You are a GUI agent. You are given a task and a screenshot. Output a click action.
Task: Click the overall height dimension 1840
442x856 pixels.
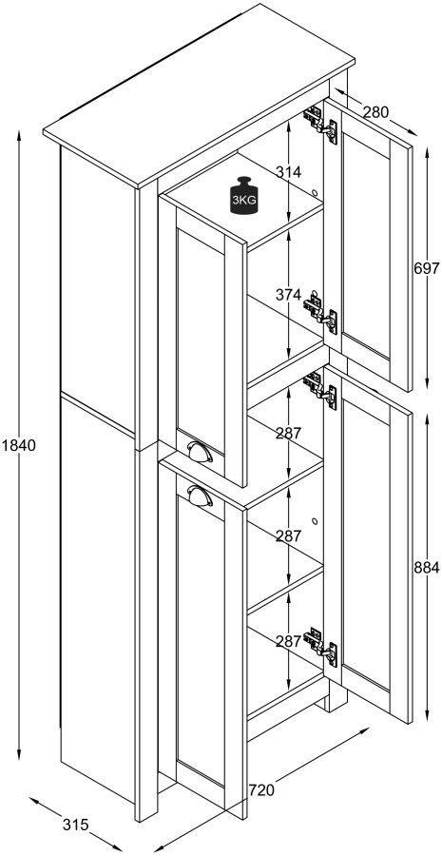pyautogui.click(x=19, y=445)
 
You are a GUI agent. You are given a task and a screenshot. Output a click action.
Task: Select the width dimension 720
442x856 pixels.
pyautogui.click(x=263, y=789)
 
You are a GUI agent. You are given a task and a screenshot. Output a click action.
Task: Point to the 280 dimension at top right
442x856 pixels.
pyautogui.click(x=375, y=112)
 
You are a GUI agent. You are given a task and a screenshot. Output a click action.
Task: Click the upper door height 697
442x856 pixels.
pyautogui.click(x=426, y=268)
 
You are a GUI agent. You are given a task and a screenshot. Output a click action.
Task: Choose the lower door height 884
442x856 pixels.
pyautogui.click(x=426, y=568)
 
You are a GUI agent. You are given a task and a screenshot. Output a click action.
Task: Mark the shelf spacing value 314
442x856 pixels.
pyautogui.click(x=288, y=172)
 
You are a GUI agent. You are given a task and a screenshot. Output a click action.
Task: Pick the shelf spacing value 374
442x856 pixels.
pyautogui.click(x=288, y=295)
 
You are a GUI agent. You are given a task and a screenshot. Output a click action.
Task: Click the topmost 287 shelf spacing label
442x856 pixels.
pyautogui.click(x=288, y=433)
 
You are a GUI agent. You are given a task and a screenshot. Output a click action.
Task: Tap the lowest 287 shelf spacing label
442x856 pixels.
pyautogui.click(x=288, y=641)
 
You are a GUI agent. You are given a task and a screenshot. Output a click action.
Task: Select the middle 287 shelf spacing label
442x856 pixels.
pyautogui.click(x=288, y=536)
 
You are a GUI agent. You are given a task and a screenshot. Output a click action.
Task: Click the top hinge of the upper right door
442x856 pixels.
pyautogui.click(x=320, y=122)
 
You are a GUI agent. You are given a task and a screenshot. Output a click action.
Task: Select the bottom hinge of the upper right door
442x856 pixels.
pyautogui.click(x=320, y=312)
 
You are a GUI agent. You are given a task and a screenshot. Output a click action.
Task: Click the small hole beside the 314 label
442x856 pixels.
pyautogui.click(x=314, y=192)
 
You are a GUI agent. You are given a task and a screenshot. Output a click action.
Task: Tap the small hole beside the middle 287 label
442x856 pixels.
pyautogui.click(x=314, y=520)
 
